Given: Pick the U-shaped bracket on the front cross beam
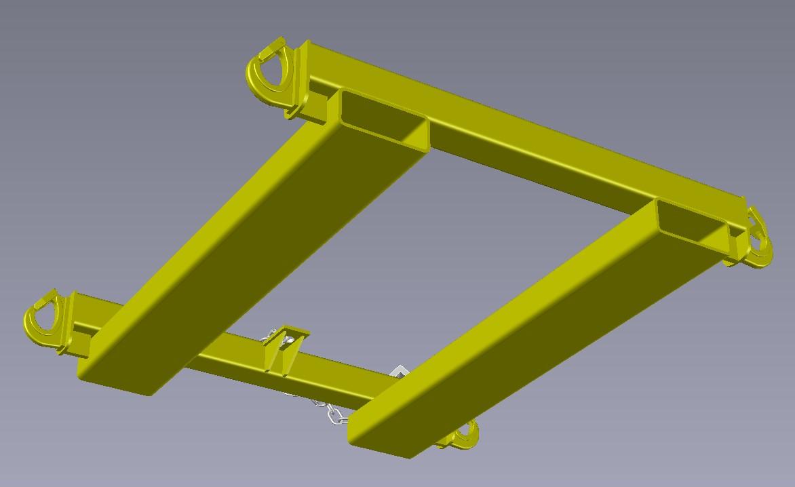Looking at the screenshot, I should point(285,349).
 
